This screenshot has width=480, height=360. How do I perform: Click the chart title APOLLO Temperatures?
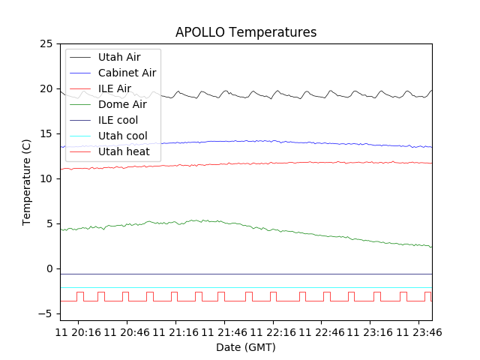[246, 32]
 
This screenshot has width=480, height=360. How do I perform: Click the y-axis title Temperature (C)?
[27, 182]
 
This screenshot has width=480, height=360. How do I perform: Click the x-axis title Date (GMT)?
[246, 347]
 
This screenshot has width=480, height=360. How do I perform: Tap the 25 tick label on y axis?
[46, 43]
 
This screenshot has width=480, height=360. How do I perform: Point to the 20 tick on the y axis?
[46, 88]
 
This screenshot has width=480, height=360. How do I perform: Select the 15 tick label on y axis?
[46, 133]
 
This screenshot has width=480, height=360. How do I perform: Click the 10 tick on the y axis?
[46, 178]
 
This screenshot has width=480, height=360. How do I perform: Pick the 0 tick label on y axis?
[49, 268]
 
